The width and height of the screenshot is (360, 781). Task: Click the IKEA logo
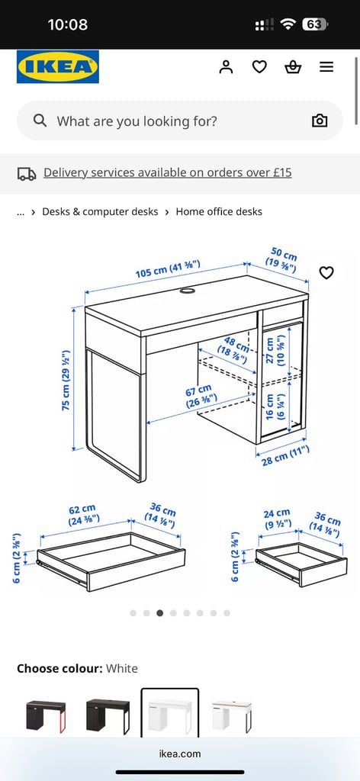coord(58,66)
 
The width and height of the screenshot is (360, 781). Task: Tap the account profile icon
coord(226,67)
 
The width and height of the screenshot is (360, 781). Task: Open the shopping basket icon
coord(293,67)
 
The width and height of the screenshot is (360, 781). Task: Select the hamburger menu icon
coord(326,67)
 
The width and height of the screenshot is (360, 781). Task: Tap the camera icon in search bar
coord(320,121)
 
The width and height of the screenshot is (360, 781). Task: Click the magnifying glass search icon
coord(40,121)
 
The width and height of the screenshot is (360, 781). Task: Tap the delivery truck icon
coord(27,173)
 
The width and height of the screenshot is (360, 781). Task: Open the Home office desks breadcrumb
coord(219,212)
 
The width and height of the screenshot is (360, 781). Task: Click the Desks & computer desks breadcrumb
coord(100,212)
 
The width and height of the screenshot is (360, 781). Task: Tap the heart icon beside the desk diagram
coord(326,272)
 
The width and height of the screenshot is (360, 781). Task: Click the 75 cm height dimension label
coord(66,380)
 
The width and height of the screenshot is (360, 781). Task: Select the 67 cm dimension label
coord(201,396)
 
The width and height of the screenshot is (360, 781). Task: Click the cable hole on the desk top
coord(188,291)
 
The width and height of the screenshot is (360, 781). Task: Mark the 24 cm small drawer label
coord(277,518)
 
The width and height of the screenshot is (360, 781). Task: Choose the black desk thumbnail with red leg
coord(46,716)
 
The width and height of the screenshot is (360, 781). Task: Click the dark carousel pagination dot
coord(160,613)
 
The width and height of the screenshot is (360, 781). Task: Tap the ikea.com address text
coord(180,754)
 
